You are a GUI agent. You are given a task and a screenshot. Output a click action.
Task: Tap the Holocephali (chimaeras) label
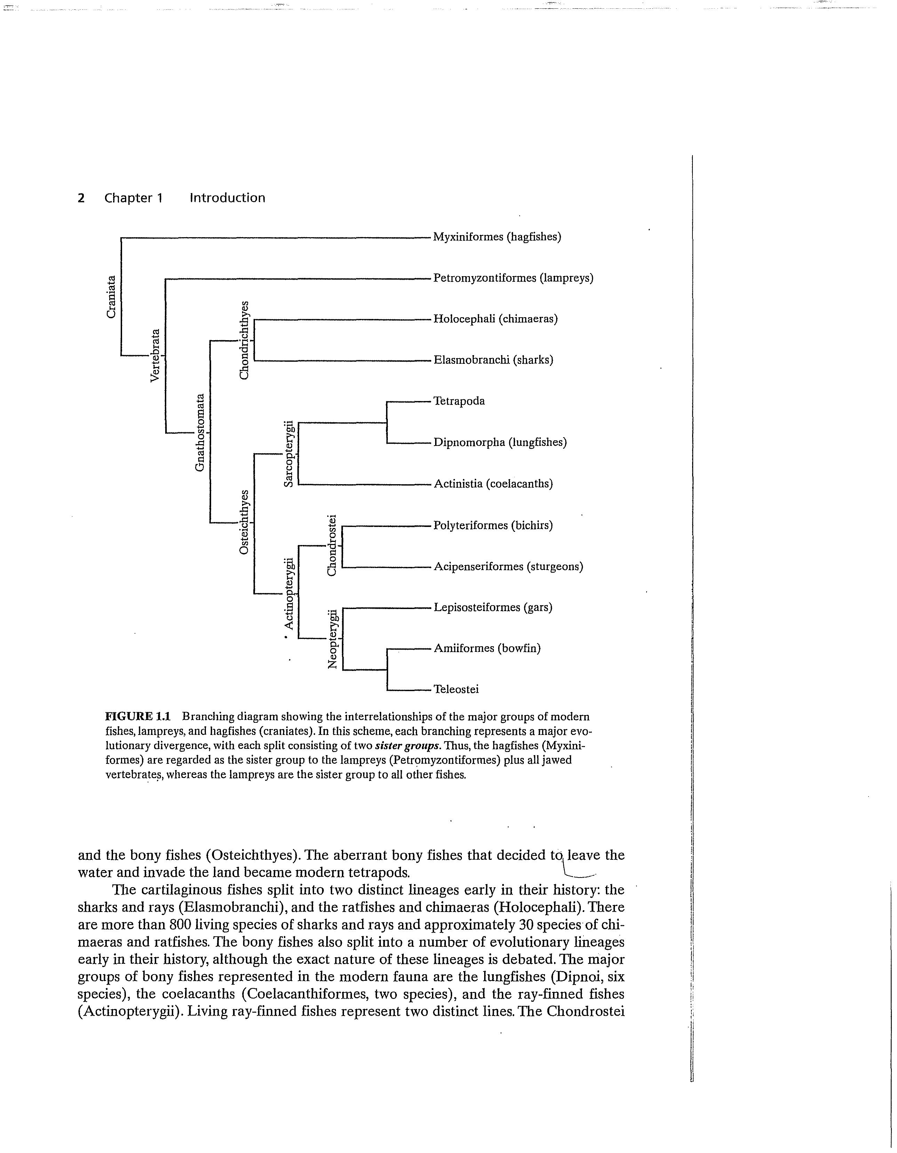tap(495, 319)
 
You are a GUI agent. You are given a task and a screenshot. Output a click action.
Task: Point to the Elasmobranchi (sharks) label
tap(493, 360)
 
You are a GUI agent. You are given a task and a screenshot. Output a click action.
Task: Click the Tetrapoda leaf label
tap(459, 401)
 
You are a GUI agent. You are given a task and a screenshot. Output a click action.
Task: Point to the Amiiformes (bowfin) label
tap(487, 648)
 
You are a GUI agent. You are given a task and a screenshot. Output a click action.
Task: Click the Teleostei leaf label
tap(456, 689)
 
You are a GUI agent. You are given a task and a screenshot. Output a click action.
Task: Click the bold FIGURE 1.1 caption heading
tap(138, 717)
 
